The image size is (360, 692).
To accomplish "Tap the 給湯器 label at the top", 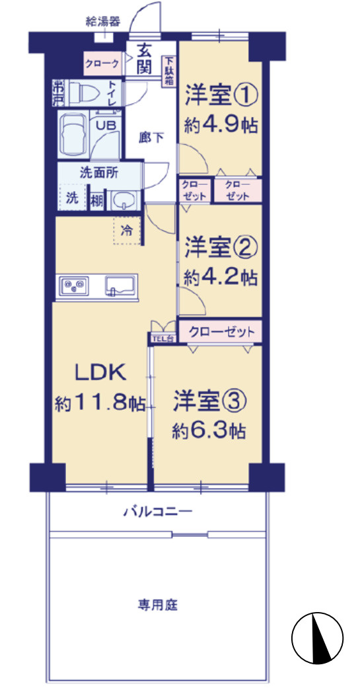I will click(x=103, y=21).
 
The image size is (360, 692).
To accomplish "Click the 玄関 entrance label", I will click(x=145, y=58).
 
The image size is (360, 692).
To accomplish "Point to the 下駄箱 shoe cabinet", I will click(x=169, y=69).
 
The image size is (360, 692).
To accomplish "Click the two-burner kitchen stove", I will click(x=72, y=286).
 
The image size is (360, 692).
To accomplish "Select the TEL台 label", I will click(x=162, y=339).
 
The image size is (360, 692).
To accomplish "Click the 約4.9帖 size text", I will click(x=221, y=125).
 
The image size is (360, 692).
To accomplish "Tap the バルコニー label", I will click(x=157, y=511).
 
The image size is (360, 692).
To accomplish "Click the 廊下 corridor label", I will click(x=151, y=137).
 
